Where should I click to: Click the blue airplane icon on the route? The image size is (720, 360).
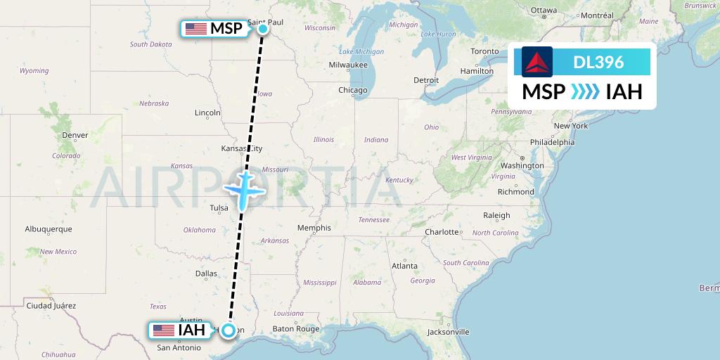243,189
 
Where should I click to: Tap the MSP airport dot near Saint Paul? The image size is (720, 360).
262,29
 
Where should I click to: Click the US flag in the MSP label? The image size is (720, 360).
196,29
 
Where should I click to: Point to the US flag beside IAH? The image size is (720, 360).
163,330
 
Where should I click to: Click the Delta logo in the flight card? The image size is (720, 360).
537,62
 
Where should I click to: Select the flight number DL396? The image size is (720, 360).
598,62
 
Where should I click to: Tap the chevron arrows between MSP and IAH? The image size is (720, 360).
585,92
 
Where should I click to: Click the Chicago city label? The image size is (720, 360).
352,90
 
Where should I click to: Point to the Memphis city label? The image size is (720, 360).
314,228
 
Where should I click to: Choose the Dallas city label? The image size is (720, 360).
206,274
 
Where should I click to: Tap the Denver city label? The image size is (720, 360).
75,135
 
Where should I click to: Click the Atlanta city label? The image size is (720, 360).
404,266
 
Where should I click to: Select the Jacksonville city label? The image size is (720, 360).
448,331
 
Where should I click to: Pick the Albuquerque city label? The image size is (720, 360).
49,229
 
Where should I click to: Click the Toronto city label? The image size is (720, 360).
484,51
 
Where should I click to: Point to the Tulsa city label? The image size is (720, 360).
219,208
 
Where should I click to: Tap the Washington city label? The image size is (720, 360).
522,165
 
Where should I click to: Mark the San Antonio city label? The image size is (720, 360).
179,347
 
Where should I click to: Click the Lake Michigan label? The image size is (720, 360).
361,51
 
